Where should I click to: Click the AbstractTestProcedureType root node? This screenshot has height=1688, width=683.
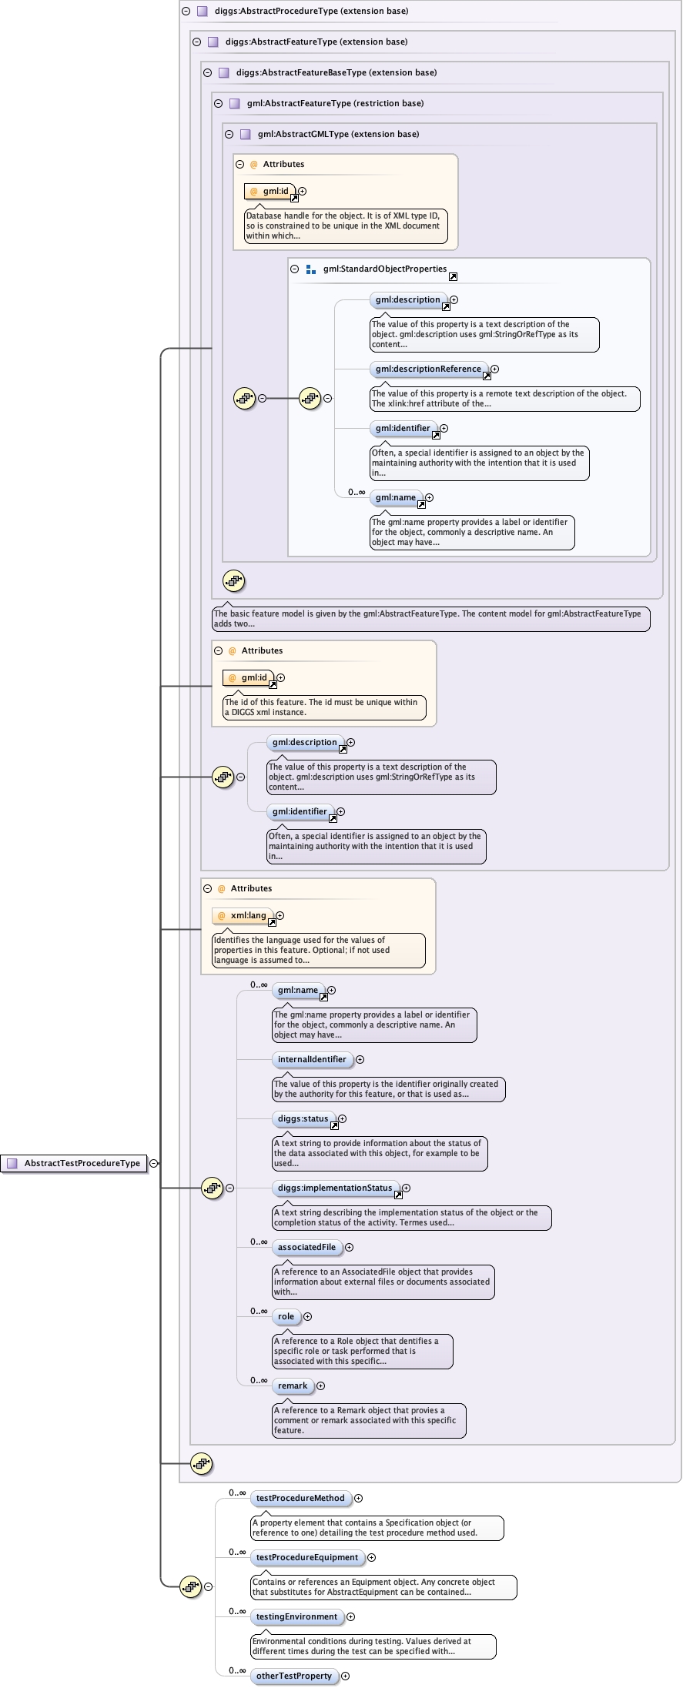[x=82, y=1163]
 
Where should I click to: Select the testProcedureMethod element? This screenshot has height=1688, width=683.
[x=300, y=1498]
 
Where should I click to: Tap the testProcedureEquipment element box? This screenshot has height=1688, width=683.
[x=307, y=1557]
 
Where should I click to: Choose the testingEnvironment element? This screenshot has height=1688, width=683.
[x=296, y=1616]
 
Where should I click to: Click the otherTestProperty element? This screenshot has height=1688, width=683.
[x=294, y=1676]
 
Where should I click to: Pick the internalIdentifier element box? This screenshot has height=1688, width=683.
[x=312, y=1059]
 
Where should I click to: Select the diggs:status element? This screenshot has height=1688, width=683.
[x=303, y=1118]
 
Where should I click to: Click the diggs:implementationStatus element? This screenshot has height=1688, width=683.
[x=335, y=1188]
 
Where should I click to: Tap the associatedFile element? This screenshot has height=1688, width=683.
[x=306, y=1247]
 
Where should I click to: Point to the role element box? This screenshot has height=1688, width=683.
[x=286, y=1316]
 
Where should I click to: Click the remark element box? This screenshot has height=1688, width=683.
[x=293, y=1385]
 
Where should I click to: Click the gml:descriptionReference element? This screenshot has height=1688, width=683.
[x=428, y=369]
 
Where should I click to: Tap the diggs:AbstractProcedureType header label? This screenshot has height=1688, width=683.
[x=311, y=11]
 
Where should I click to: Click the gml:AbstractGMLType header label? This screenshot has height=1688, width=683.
[x=338, y=134]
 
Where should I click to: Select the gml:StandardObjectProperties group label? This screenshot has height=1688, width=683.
[x=384, y=269]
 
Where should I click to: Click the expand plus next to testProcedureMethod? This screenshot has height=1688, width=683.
[x=359, y=1498]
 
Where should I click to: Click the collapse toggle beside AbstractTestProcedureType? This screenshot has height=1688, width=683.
[x=154, y=1163]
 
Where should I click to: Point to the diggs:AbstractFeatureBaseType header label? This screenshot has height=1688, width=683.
[x=336, y=72]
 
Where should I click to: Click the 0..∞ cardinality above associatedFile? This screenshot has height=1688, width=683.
[x=259, y=1242]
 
